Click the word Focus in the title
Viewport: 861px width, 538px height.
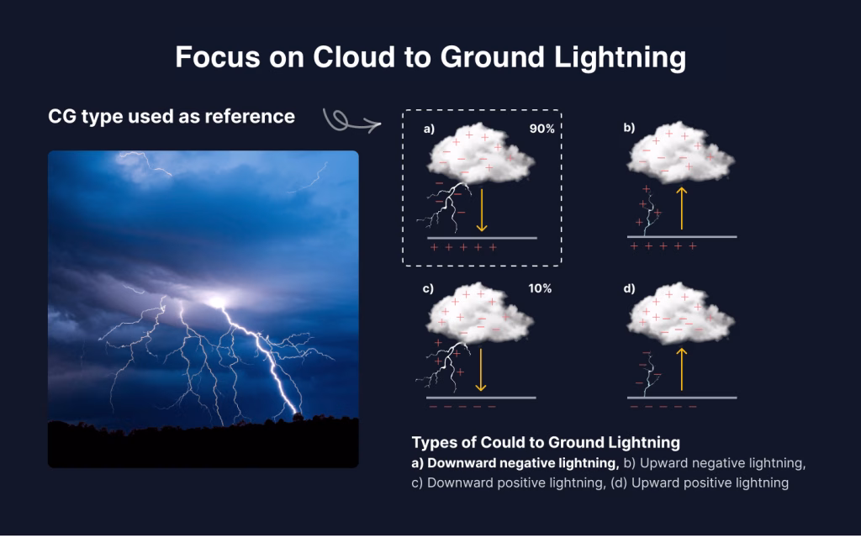point(218,56)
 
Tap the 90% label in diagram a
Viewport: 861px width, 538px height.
point(542,129)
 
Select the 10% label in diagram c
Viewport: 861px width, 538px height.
point(540,289)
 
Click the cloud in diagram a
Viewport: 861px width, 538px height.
point(480,153)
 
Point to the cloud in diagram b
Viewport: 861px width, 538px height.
point(681,152)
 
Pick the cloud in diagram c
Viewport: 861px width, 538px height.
point(480,313)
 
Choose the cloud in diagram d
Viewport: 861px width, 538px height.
point(681,313)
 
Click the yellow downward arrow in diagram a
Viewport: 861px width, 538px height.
point(482,210)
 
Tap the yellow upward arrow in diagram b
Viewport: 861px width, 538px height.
point(681,208)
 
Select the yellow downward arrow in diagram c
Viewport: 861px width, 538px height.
point(480,370)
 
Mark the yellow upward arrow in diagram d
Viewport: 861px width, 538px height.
point(681,369)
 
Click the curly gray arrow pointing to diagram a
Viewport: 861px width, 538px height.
point(350,122)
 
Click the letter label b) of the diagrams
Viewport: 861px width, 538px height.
point(629,128)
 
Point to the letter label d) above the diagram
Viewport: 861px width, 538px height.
point(629,289)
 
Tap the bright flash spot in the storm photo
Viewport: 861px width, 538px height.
point(217,302)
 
